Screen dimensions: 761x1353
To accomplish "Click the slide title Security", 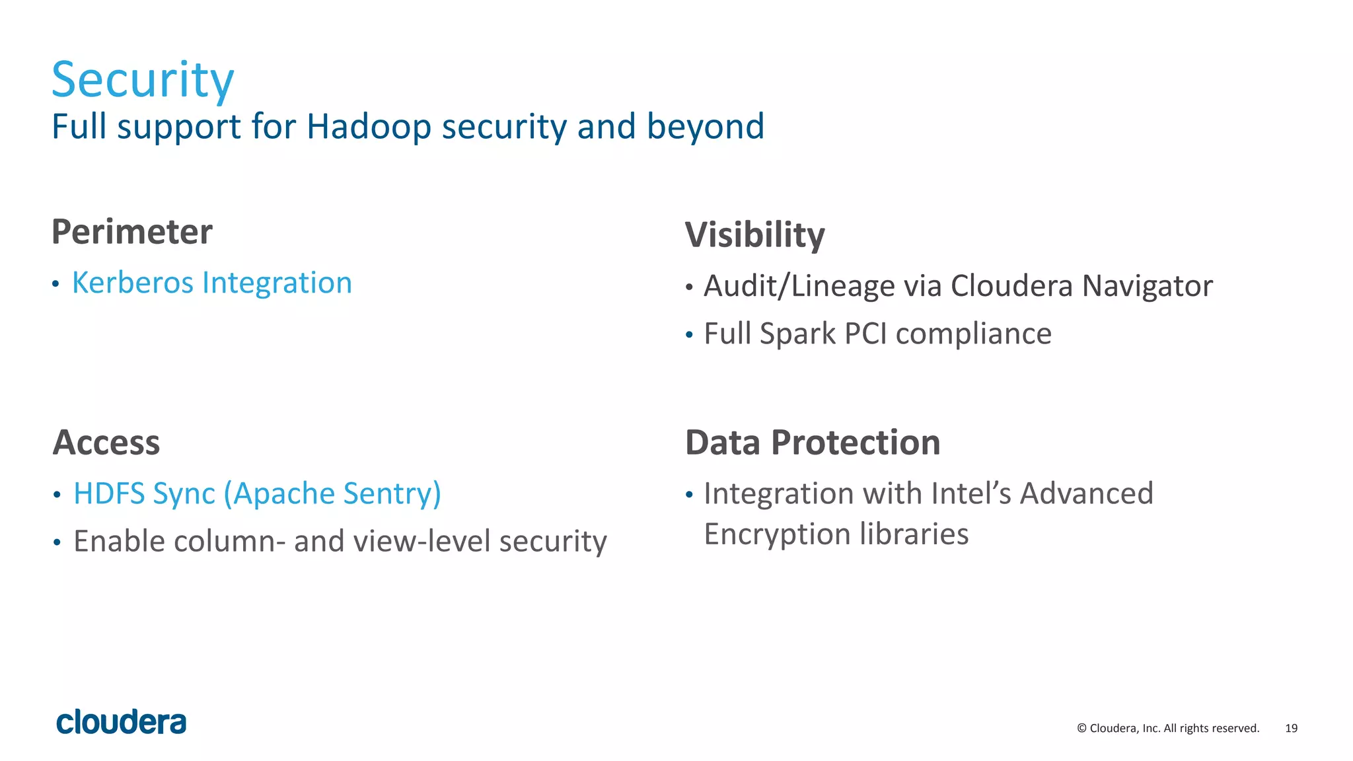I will point(143,79).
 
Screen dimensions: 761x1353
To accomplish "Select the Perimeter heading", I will point(132,232).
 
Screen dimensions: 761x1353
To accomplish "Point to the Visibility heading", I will point(754,235).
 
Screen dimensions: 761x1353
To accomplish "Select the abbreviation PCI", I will point(865,334).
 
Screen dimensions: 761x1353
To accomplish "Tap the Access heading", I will point(106,443).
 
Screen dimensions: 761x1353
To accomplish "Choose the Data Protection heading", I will point(813,443).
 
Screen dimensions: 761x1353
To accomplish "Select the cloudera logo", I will point(122,722).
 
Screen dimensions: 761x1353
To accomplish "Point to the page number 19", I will point(1291,728).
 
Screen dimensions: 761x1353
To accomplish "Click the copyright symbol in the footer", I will point(1081,729).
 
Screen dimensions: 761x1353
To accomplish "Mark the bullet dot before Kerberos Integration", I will point(56,285).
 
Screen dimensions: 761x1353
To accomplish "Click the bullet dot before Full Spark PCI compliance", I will point(689,336).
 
